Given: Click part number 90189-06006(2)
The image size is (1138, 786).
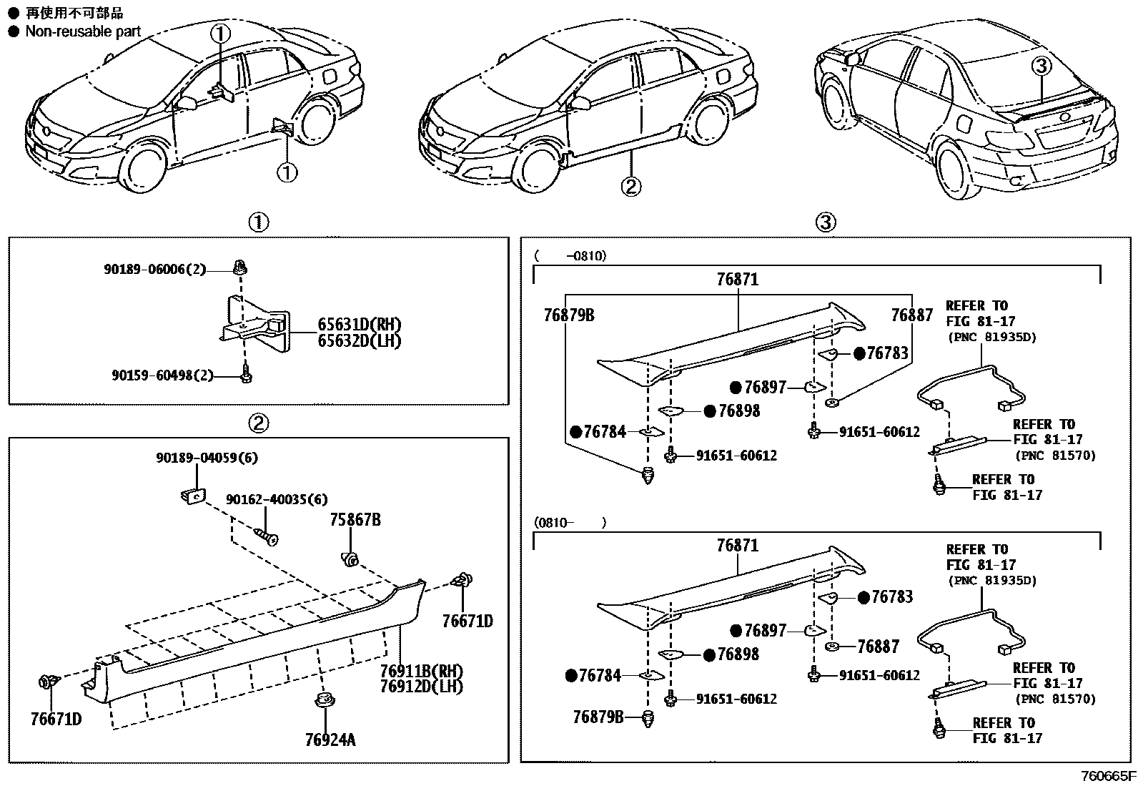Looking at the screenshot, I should [x=154, y=270].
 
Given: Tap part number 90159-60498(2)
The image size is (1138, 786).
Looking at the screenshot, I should [x=162, y=375].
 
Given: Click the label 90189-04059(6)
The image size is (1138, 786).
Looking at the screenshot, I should [x=207, y=457].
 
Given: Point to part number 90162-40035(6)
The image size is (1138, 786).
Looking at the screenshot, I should [x=277, y=499].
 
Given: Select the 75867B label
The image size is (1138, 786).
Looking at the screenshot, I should [x=355, y=520].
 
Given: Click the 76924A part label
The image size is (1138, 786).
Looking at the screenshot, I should [x=330, y=740].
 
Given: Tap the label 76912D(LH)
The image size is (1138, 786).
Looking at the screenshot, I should [x=421, y=687].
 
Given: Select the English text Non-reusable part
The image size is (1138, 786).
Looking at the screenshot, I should [x=83, y=31].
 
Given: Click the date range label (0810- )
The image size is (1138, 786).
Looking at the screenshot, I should [x=570, y=523].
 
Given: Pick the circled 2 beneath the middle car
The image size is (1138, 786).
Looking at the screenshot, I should [x=630, y=187].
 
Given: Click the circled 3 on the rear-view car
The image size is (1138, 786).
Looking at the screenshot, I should [x=1041, y=67].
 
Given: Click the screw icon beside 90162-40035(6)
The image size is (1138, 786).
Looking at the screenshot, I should [x=267, y=536].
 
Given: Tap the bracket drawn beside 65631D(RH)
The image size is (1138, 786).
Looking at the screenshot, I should [x=257, y=325].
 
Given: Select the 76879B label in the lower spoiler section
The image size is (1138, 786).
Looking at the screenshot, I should [x=598, y=717].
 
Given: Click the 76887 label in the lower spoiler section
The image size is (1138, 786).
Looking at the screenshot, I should [x=879, y=647].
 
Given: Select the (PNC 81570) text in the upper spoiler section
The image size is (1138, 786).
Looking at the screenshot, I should [x=1055, y=455].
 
